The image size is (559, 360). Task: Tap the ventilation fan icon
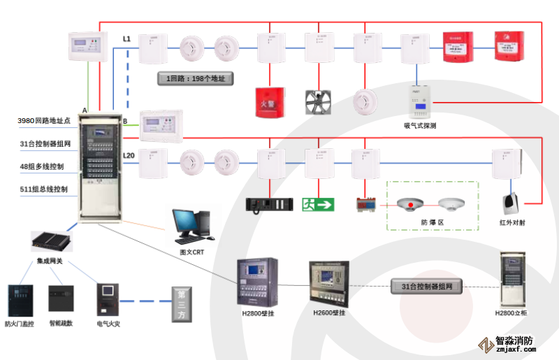[319, 101]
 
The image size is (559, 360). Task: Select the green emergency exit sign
[318, 204]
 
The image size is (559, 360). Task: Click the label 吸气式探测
[420, 126]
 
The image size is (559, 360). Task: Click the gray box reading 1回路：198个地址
[195, 78]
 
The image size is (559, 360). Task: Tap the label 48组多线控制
[42, 166]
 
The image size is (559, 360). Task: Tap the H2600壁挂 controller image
[328, 282]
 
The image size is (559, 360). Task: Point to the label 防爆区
[433, 222]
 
